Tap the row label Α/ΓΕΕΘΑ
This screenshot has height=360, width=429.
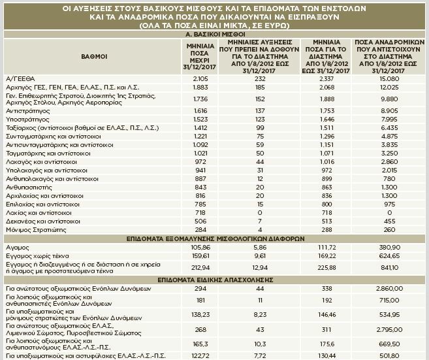coord(19,78)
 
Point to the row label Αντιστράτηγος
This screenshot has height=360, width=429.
coord(27,111)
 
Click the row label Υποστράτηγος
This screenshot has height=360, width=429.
coord(26,120)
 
